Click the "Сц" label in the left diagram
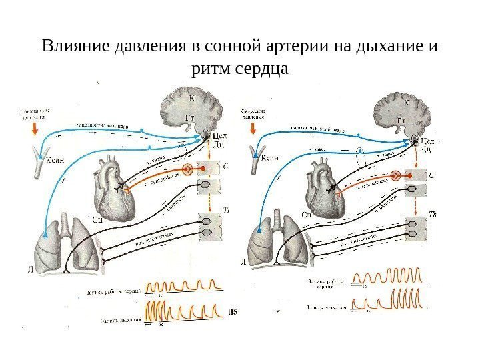pyautogui.click(x=96, y=217)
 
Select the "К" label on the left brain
pyautogui.click(x=192, y=98)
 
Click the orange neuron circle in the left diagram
pyautogui.click(x=188, y=169)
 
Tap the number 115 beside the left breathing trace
pyautogui.click(x=233, y=311)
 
